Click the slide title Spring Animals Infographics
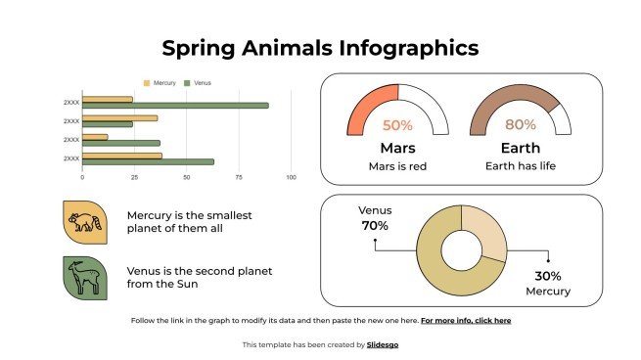[x=320, y=47]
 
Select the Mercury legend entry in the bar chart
[x=160, y=83]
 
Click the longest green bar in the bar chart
[x=175, y=106]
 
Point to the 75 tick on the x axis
[x=238, y=177]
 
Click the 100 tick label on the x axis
[x=291, y=177]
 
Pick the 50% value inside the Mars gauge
[x=397, y=125]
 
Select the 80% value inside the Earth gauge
[x=520, y=125]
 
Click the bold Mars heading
[x=397, y=148]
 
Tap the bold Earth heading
[x=520, y=148]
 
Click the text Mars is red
[x=397, y=166]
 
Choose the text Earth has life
[x=520, y=166]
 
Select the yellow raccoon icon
[x=84, y=222]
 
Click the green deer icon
[x=84, y=277]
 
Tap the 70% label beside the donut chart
[x=374, y=226]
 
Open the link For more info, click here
[x=466, y=320]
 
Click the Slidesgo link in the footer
[x=382, y=344]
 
